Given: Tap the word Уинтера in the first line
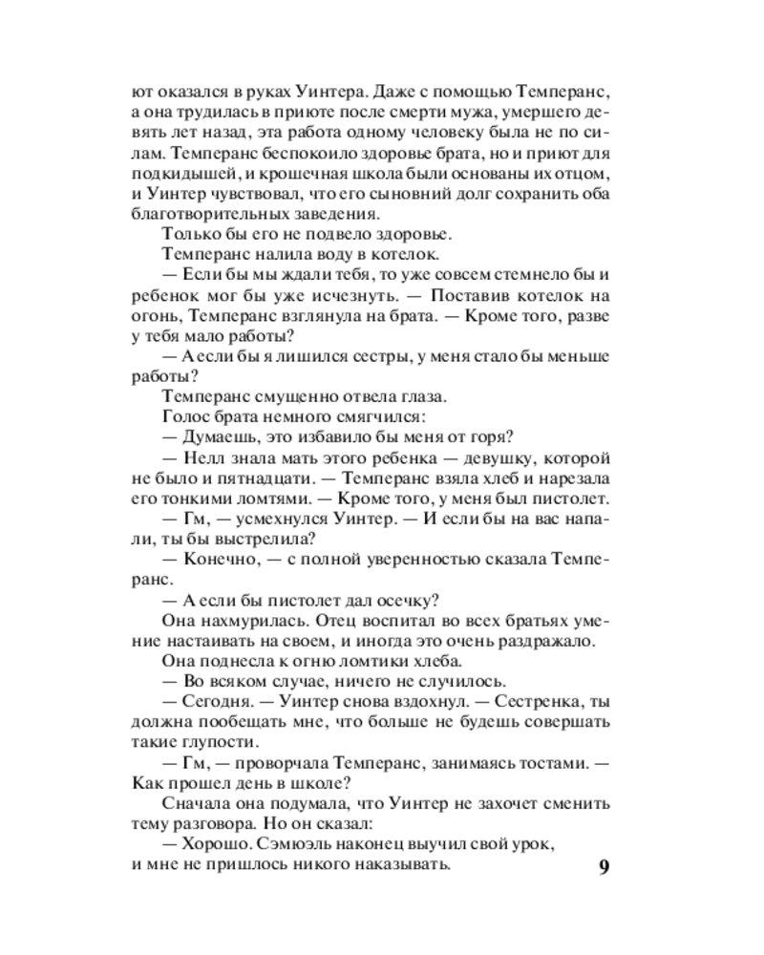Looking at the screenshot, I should pyautogui.click(x=335, y=93).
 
